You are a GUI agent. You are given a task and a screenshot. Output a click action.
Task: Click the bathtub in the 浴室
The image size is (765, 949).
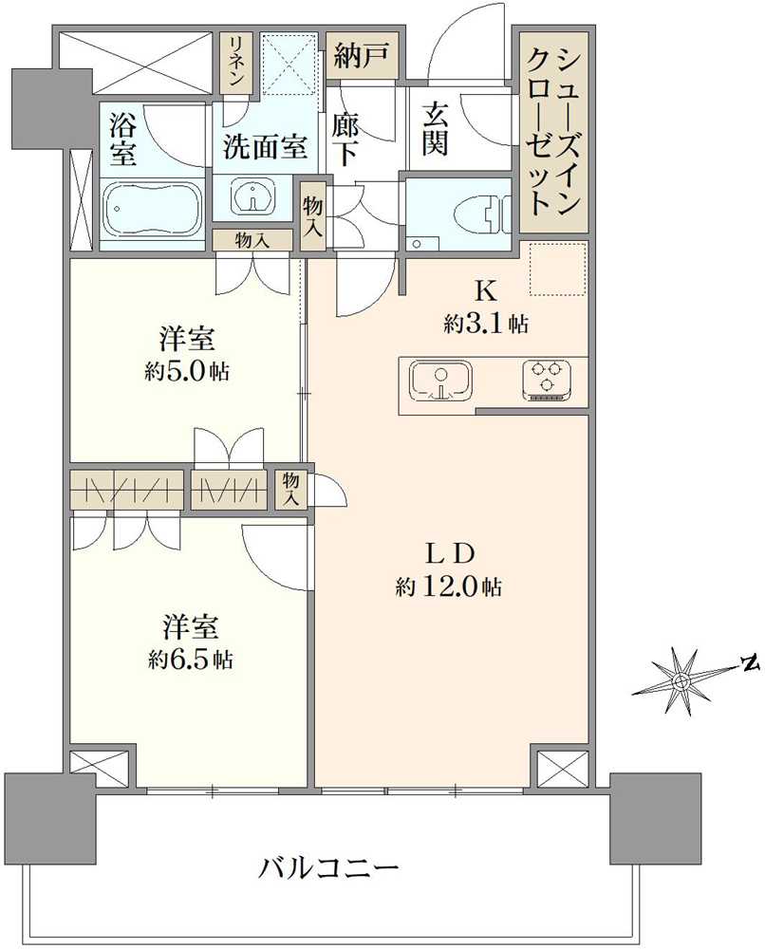click(152, 208)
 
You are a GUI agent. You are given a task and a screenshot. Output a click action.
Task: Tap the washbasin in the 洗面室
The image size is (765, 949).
click(252, 197)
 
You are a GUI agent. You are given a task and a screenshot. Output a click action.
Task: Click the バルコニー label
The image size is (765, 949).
click(327, 865)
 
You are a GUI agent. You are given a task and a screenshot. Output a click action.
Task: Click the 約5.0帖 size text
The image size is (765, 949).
click(188, 369)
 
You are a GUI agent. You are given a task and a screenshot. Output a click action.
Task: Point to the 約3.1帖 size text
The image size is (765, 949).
click(486, 325)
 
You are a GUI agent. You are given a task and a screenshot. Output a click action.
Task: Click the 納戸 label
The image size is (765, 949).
click(361, 59)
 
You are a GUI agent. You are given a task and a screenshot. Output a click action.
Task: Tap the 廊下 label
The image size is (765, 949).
click(346, 139)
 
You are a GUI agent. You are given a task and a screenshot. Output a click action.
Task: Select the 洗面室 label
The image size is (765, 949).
click(266, 147)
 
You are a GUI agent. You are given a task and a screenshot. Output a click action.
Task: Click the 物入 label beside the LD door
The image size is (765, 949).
click(292, 490)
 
